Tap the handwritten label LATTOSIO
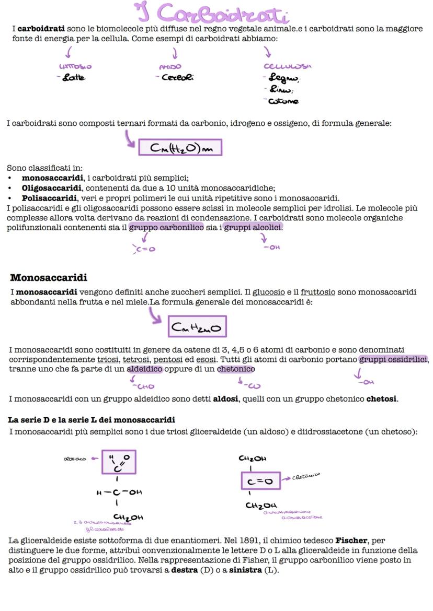(75, 67)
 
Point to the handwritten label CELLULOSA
(287, 67)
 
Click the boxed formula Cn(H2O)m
(180, 148)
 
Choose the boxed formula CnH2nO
(197, 327)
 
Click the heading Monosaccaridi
(49, 277)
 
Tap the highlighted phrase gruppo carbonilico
(166, 227)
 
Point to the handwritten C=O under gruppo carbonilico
(145, 249)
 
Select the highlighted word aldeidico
(145, 369)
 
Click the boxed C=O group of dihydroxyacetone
(260, 481)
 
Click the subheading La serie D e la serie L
(92, 420)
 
